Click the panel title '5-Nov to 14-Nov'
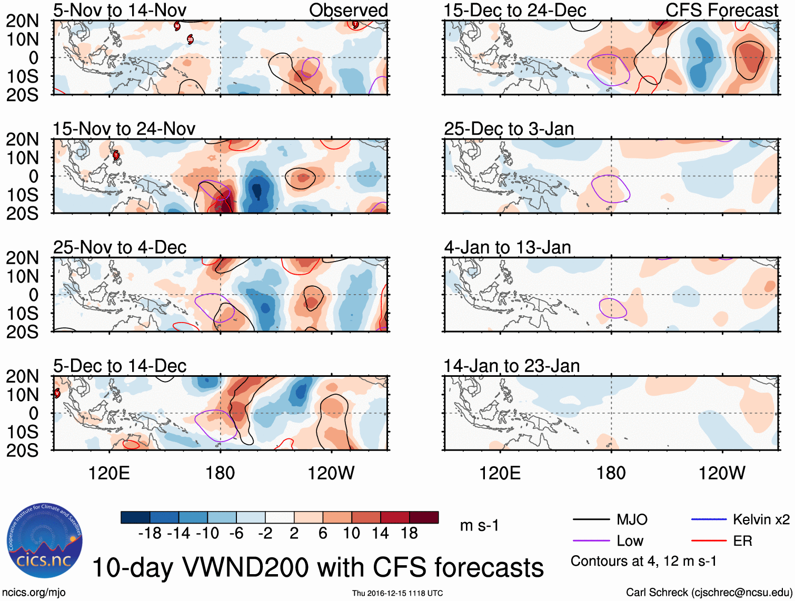(120, 10)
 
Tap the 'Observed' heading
(348, 10)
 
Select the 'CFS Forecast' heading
(722, 10)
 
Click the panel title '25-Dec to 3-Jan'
(509, 128)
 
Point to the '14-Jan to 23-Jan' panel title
(511, 366)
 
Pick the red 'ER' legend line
(709, 541)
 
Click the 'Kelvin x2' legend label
(761, 520)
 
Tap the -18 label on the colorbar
(150, 534)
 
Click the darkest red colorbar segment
(424, 517)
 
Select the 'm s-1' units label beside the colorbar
(479, 526)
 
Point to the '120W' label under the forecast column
(722, 473)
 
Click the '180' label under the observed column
(220, 473)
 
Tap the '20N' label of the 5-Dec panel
(23, 376)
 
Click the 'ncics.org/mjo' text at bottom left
(33, 593)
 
